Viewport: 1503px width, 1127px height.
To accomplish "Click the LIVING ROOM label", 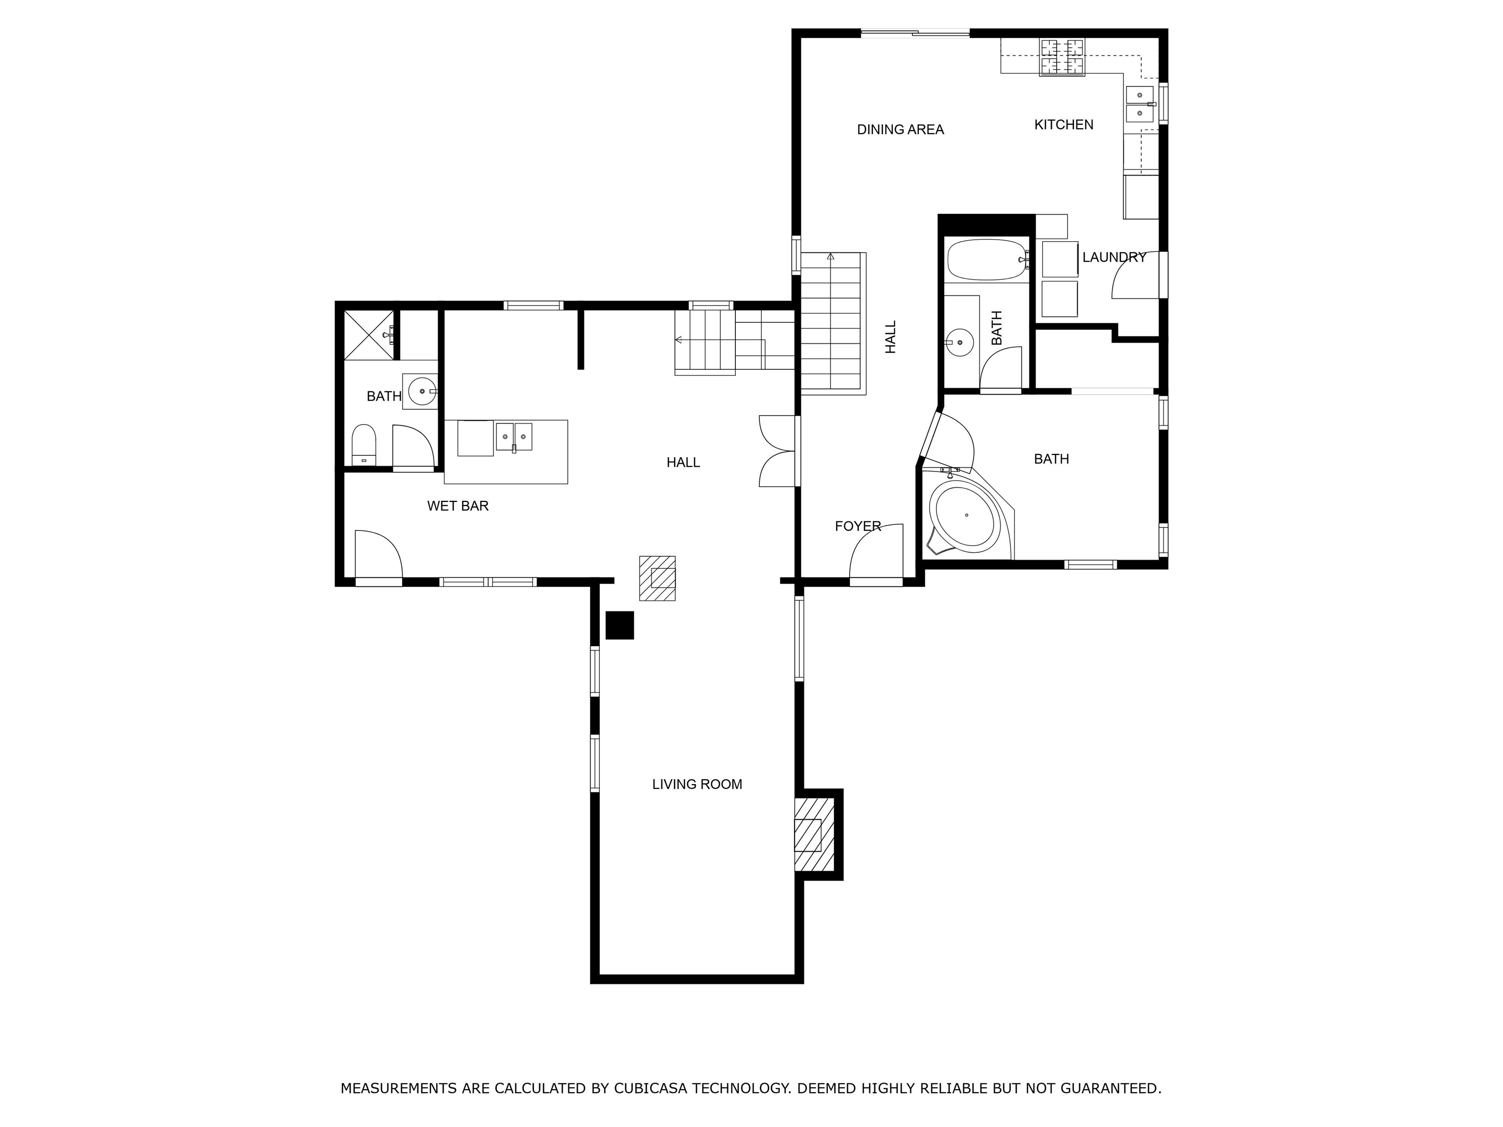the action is pyautogui.click(x=697, y=784).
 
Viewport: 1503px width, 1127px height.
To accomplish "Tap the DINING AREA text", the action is pyautogui.click(x=900, y=129).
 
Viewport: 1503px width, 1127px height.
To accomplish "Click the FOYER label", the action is pyautogui.click(x=858, y=526).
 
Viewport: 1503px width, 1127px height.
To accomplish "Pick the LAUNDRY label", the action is pyautogui.click(x=1115, y=257).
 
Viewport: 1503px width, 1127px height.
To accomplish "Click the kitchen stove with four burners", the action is pyautogui.click(x=1062, y=57).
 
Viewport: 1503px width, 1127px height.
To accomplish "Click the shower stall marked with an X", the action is pyautogui.click(x=369, y=335).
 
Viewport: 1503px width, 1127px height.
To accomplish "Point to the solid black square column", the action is pyautogui.click(x=620, y=625).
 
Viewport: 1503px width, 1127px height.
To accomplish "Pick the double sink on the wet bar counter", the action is pyautogui.click(x=514, y=437).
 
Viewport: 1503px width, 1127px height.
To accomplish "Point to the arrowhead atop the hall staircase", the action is pyautogui.click(x=830, y=256).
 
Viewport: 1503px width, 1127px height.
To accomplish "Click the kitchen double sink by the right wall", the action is pyautogui.click(x=1139, y=104).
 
